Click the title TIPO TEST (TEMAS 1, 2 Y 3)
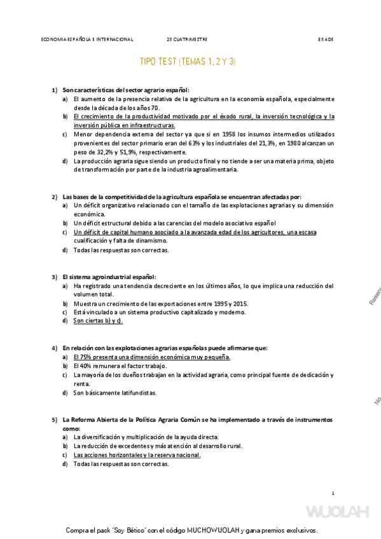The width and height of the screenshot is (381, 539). pos(188,62)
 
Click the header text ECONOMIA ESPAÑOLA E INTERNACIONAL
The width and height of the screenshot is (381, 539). pos(87,39)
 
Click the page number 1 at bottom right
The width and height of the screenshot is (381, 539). pos(333,493)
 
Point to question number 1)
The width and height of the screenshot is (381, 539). pos(55,90)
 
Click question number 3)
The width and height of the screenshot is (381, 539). pos(55,277)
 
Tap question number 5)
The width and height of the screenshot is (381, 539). pos(55,420)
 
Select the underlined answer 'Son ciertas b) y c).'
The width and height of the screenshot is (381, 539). pos(98,321)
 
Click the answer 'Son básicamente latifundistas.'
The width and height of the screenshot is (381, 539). pos(115,393)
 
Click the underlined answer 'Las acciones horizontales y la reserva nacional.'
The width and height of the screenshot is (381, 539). pos(137,455)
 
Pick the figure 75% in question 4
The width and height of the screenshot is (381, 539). pos(85,357)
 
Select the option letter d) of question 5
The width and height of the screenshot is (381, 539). pos(65,464)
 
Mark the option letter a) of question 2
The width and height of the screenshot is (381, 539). pos(65,206)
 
